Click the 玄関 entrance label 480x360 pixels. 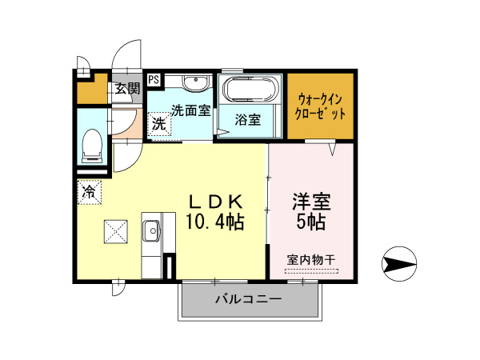(x=126, y=88)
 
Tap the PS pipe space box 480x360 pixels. (x=153, y=79)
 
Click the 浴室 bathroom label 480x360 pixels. (x=248, y=121)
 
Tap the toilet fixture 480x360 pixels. (x=92, y=145)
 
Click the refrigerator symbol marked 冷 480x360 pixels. (x=90, y=192)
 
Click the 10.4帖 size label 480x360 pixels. (x=216, y=220)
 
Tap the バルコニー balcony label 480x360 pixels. (x=247, y=300)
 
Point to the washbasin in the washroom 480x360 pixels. (x=193, y=83)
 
